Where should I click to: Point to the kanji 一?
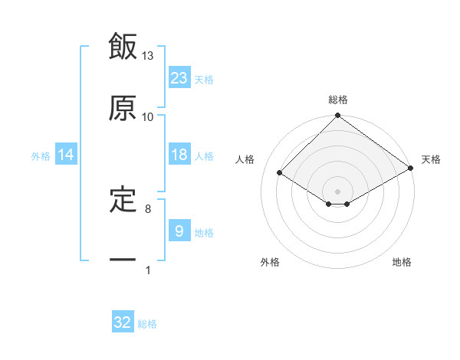(123, 260)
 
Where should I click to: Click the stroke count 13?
(148, 56)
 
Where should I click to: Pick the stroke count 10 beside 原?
(148, 116)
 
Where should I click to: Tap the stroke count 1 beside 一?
(148, 270)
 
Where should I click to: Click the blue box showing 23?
(179, 77)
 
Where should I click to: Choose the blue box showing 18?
(179, 155)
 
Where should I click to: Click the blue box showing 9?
(179, 231)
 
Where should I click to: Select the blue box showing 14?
(66, 155)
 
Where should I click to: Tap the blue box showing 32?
(123, 322)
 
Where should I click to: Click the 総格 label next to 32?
(147, 324)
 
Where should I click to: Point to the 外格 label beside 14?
(41, 156)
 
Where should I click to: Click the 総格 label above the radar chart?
(338, 100)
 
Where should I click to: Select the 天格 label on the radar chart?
(431, 159)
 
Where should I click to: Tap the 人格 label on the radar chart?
(245, 159)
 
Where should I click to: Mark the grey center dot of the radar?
(338, 191)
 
